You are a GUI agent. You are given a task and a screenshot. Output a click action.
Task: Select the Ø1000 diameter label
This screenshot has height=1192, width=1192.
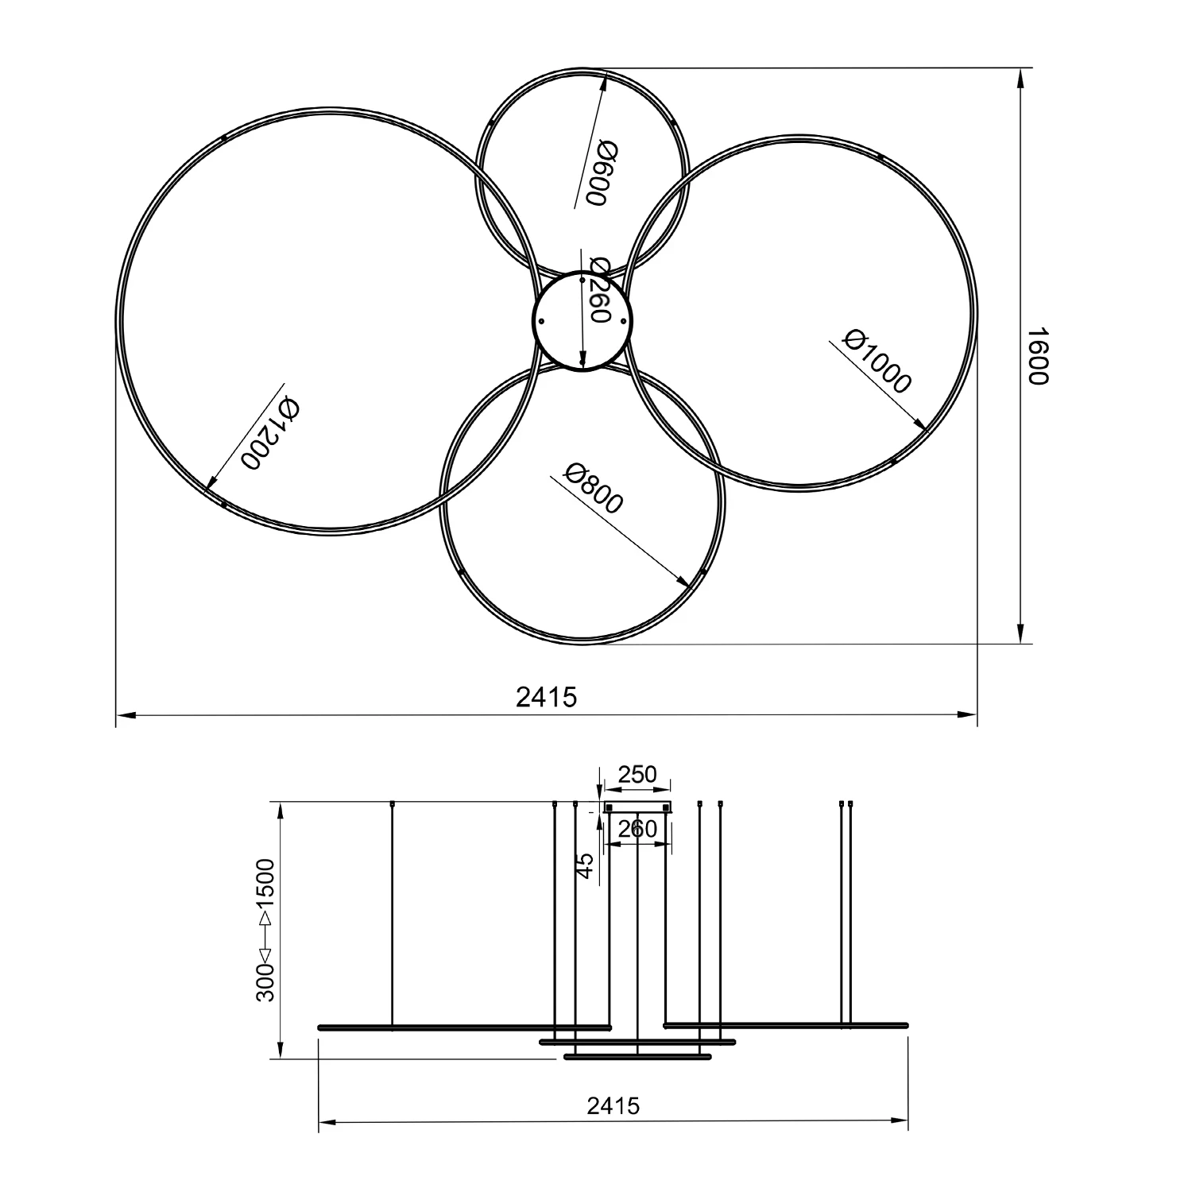[x=877, y=361]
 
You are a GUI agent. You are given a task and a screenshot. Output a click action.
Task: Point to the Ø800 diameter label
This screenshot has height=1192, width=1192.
[x=593, y=488]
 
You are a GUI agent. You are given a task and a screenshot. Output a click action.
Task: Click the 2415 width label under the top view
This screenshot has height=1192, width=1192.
[x=546, y=697]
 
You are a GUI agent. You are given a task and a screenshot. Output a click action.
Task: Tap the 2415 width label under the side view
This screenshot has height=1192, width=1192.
[x=613, y=1105]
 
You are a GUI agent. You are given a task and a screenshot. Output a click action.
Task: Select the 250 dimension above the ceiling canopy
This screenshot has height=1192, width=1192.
[x=637, y=775]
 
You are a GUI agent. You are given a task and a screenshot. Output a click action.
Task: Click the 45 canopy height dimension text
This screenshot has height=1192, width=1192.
[x=585, y=865]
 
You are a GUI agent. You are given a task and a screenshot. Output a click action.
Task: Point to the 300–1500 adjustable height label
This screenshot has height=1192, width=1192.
[x=265, y=929]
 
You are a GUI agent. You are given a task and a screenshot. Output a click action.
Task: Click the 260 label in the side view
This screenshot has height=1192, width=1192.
[x=637, y=829]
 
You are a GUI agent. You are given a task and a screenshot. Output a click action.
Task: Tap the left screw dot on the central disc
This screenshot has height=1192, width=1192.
[x=541, y=321]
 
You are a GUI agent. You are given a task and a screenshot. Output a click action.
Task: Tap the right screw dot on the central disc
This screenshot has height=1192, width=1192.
[x=624, y=321]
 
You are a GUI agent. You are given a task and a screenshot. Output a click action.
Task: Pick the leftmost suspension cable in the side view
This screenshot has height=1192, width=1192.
[x=393, y=914]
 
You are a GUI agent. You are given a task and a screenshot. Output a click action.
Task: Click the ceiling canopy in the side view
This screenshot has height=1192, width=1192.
[x=638, y=807]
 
